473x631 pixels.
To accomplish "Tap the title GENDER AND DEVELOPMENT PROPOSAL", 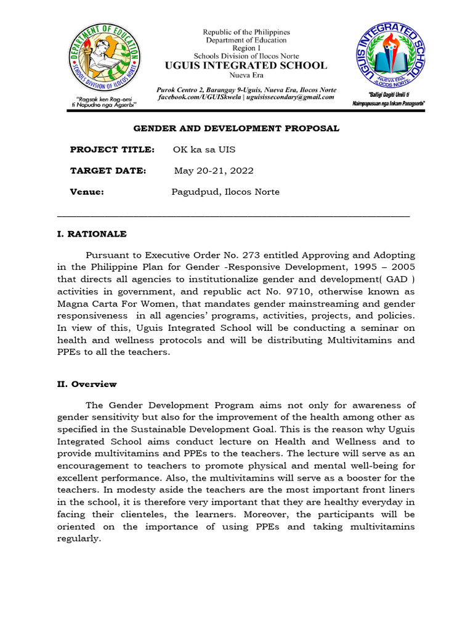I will pyautogui.click(x=236, y=128).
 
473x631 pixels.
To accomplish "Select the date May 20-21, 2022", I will pyautogui.click(x=214, y=171).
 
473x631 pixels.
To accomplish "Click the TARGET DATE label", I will pyautogui.click(x=108, y=171).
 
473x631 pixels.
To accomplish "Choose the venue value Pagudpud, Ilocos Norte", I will pyautogui.click(x=225, y=192).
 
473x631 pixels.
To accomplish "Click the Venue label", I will pyautogui.click(x=87, y=192).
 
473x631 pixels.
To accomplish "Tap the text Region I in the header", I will pyautogui.click(x=246, y=48).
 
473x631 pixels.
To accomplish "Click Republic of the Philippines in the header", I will pyautogui.click(x=246, y=32).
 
